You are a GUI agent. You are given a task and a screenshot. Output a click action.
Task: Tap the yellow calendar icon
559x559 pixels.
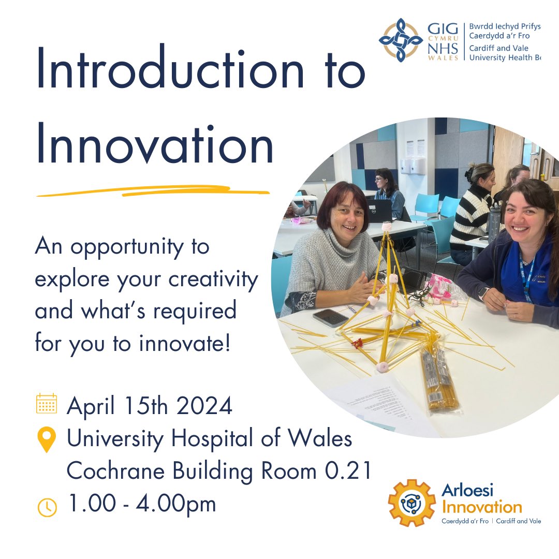[x=47, y=404]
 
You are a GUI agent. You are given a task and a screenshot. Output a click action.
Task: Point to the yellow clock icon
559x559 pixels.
[x=47, y=507]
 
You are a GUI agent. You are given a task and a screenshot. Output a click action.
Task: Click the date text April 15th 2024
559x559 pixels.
[x=150, y=406]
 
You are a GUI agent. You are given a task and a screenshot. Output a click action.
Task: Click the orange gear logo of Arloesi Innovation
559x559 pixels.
[x=412, y=502]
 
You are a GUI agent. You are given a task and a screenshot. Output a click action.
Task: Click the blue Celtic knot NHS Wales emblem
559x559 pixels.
[x=401, y=40]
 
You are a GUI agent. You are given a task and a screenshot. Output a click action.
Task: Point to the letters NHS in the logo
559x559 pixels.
[x=443, y=49]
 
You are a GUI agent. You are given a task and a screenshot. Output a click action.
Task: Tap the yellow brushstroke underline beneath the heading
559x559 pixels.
[x=153, y=191]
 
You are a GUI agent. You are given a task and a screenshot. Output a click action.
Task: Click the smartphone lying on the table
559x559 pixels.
[x=330, y=317]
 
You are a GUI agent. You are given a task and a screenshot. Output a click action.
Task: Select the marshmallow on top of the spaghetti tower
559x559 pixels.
[x=386, y=226]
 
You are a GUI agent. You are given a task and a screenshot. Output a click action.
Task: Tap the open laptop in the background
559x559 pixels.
[x=379, y=210]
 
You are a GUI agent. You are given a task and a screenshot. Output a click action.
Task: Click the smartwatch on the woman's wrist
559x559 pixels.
[x=482, y=293]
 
